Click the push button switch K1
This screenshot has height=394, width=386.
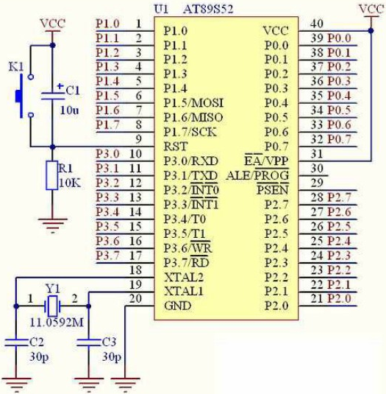(x=24, y=96)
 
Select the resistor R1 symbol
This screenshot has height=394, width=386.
(x=52, y=175)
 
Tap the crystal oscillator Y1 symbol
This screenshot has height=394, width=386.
(x=52, y=306)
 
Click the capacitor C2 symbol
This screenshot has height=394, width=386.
(x=16, y=342)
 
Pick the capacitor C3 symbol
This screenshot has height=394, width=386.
(x=88, y=342)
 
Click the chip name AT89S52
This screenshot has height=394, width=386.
(x=208, y=10)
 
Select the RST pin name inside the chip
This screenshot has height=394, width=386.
(x=176, y=147)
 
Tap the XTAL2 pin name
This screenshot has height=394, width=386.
(x=184, y=278)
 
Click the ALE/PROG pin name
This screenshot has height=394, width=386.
(x=257, y=175)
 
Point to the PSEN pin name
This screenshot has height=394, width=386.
(x=273, y=190)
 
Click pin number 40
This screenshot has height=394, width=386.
(x=317, y=24)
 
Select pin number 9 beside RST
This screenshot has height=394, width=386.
(x=138, y=139)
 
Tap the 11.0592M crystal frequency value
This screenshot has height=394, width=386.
(x=57, y=323)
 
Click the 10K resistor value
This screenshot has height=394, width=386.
(x=70, y=183)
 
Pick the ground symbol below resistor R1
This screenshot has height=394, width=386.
(x=52, y=225)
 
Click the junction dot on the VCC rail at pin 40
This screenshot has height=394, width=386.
(x=371, y=31)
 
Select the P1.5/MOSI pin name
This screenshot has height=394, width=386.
(x=193, y=103)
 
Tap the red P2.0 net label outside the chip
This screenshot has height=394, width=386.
(x=340, y=298)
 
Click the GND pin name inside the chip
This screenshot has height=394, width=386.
(x=178, y=306)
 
